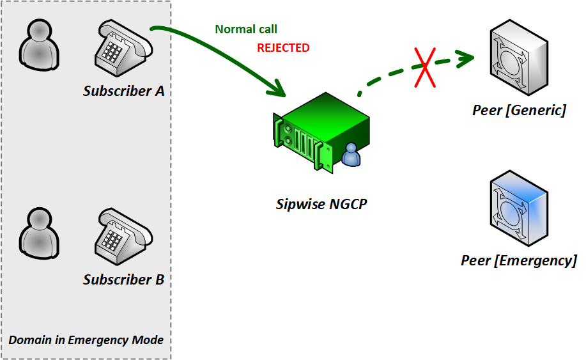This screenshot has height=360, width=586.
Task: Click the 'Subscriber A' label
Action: (x=124, y=91)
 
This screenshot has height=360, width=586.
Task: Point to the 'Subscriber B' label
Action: (x=124, y=279)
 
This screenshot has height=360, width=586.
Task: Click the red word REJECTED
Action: (x=283, y=48)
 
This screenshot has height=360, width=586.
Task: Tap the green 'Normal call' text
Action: (x=246, y=29)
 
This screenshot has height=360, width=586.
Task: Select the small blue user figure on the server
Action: (x=351, y=155)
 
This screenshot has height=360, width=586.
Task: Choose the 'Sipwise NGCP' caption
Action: (x=322, y=205)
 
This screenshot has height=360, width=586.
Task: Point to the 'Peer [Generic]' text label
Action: (x=519, y=110)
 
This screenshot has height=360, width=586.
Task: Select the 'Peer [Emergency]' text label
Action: (x=519, y=260)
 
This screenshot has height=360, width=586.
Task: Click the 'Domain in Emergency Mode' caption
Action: (x=86, y=340)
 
